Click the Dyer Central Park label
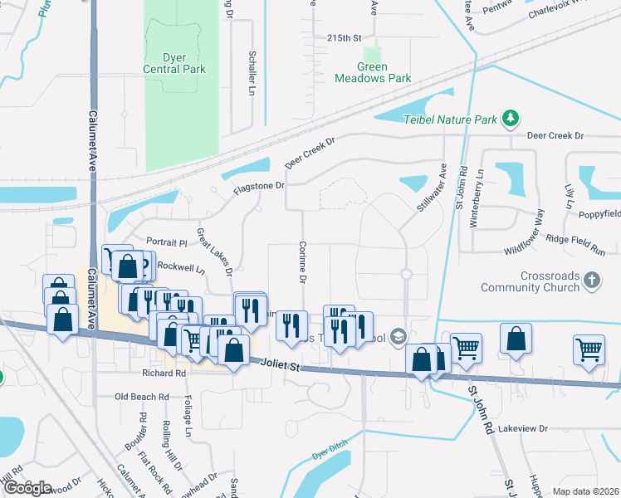coord(174,63)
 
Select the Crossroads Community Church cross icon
coord(591,280)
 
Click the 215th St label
coord(345,38)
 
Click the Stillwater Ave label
coord(433,187)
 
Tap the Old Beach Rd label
coord(142,397)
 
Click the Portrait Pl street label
coord(167,242)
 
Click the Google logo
coord(27,488)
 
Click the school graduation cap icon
coord(399,335)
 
